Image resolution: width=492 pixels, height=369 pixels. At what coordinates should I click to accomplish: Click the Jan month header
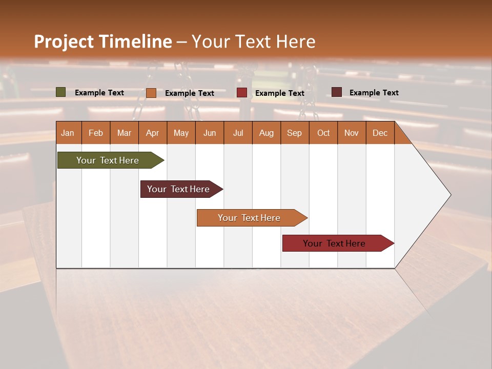[x=68, y=133]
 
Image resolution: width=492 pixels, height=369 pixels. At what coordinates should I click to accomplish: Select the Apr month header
[x=153, y=133]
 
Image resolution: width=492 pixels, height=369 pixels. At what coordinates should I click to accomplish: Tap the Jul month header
[x=238, y=133]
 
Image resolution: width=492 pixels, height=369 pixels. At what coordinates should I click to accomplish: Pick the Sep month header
[x=294, y=133]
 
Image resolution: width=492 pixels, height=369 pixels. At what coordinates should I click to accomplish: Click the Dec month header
[x=380, y=133]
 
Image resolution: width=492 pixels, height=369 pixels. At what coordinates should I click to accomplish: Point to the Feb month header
[x=96, y=133]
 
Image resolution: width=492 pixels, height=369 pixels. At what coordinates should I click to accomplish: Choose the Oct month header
[x=323, y=133]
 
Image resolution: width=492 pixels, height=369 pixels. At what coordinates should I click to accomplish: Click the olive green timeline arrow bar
[x=108, y=160]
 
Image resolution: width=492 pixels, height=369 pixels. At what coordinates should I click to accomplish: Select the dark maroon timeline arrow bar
[x=178, y=189]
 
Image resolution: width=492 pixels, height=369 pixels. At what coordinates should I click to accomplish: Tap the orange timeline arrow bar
[x=249, y=218]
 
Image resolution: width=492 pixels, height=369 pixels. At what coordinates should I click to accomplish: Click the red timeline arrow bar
[x=334, y=243]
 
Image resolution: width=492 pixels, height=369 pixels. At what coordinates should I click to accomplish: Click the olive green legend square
[x=61, y=92]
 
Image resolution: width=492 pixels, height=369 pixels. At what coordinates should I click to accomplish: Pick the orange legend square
[x=151, y=93]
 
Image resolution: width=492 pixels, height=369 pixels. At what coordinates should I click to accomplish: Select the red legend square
[x=242, y=93]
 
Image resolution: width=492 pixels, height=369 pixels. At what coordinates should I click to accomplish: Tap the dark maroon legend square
[x=337, y=92]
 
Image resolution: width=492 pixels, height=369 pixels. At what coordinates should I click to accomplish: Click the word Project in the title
[x=64, y=42]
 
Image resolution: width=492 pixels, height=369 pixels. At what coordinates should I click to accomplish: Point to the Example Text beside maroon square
[x=374, y=93]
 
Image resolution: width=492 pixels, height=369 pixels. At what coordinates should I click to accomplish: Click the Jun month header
[x=210, y=133]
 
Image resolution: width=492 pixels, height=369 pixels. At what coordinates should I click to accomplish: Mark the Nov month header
[x=352, y=133]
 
